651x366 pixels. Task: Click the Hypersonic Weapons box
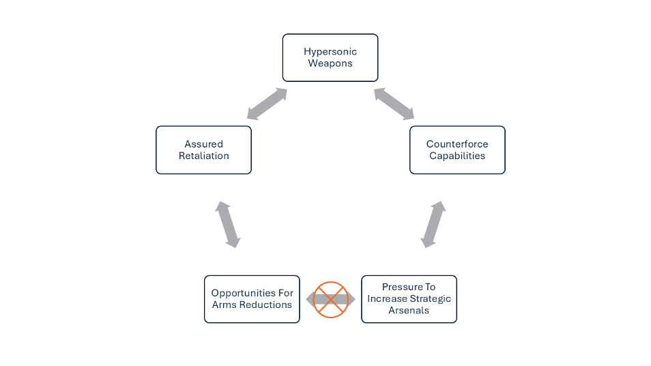tap(330, 57)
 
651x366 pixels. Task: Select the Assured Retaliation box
tap(203, 150)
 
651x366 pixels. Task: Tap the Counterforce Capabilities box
tap(457, 150)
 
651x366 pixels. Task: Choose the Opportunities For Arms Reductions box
tap(252, 299)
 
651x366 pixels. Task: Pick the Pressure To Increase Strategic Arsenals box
tap(409, 299)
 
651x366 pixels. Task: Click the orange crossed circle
tap(331, 299)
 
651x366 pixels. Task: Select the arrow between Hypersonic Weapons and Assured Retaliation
tap(267, 104)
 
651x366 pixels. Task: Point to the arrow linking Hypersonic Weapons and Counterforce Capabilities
tap(394, 104)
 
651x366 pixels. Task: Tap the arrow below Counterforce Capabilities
tap(433, 224)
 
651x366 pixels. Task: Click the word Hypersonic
tap(330, 52)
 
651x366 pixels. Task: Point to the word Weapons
tap(330, 64)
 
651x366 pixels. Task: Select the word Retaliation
tap(203, 156)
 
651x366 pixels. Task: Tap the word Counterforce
tap(457, 144)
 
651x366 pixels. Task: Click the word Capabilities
tap(457, 156)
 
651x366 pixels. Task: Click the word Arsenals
tap(409, 311)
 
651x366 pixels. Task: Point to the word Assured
tap(203, 144)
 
